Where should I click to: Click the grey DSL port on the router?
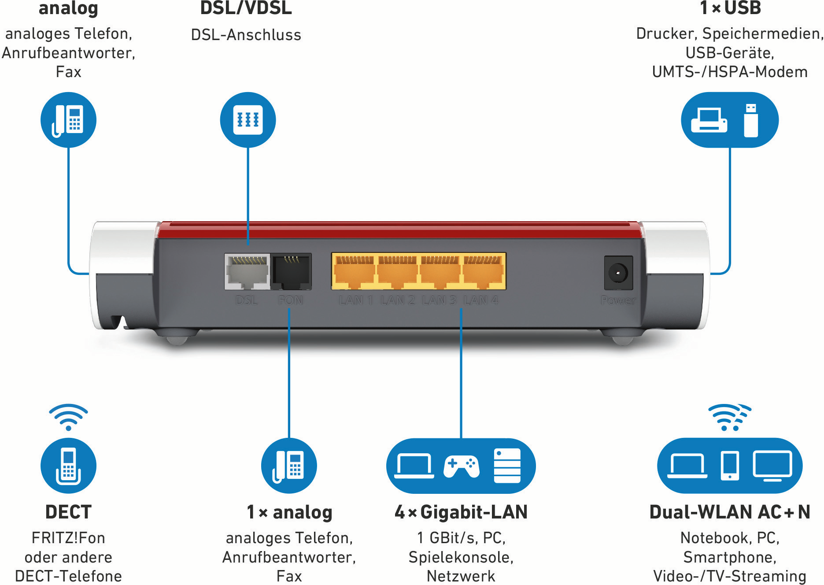click(x=247, y=272)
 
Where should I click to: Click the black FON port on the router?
click(x=291, y=272)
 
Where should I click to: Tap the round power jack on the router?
click(x=618, y=273)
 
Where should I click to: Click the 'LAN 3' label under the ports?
click(x=439, y=300)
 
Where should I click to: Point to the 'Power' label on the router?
click(x=618, y=300)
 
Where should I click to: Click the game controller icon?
click(x=461, y=466)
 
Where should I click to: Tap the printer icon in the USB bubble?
click(x=709, y=120)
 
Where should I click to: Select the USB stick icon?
click(x=751, y=120)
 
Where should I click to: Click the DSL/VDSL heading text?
click(x=246, y=8)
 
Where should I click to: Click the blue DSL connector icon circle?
click(x=248, y=120)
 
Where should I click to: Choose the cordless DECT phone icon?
click(x=68, y=466)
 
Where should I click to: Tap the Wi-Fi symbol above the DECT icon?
click(x=68, y=417)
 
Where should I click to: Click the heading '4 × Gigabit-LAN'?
click(x=461, y=512)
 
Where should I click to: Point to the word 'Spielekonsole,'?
click(x=461, y=557)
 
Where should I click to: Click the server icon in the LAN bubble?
click(x=507, y=466)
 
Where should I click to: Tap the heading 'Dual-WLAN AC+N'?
click(x=730, y=512)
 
